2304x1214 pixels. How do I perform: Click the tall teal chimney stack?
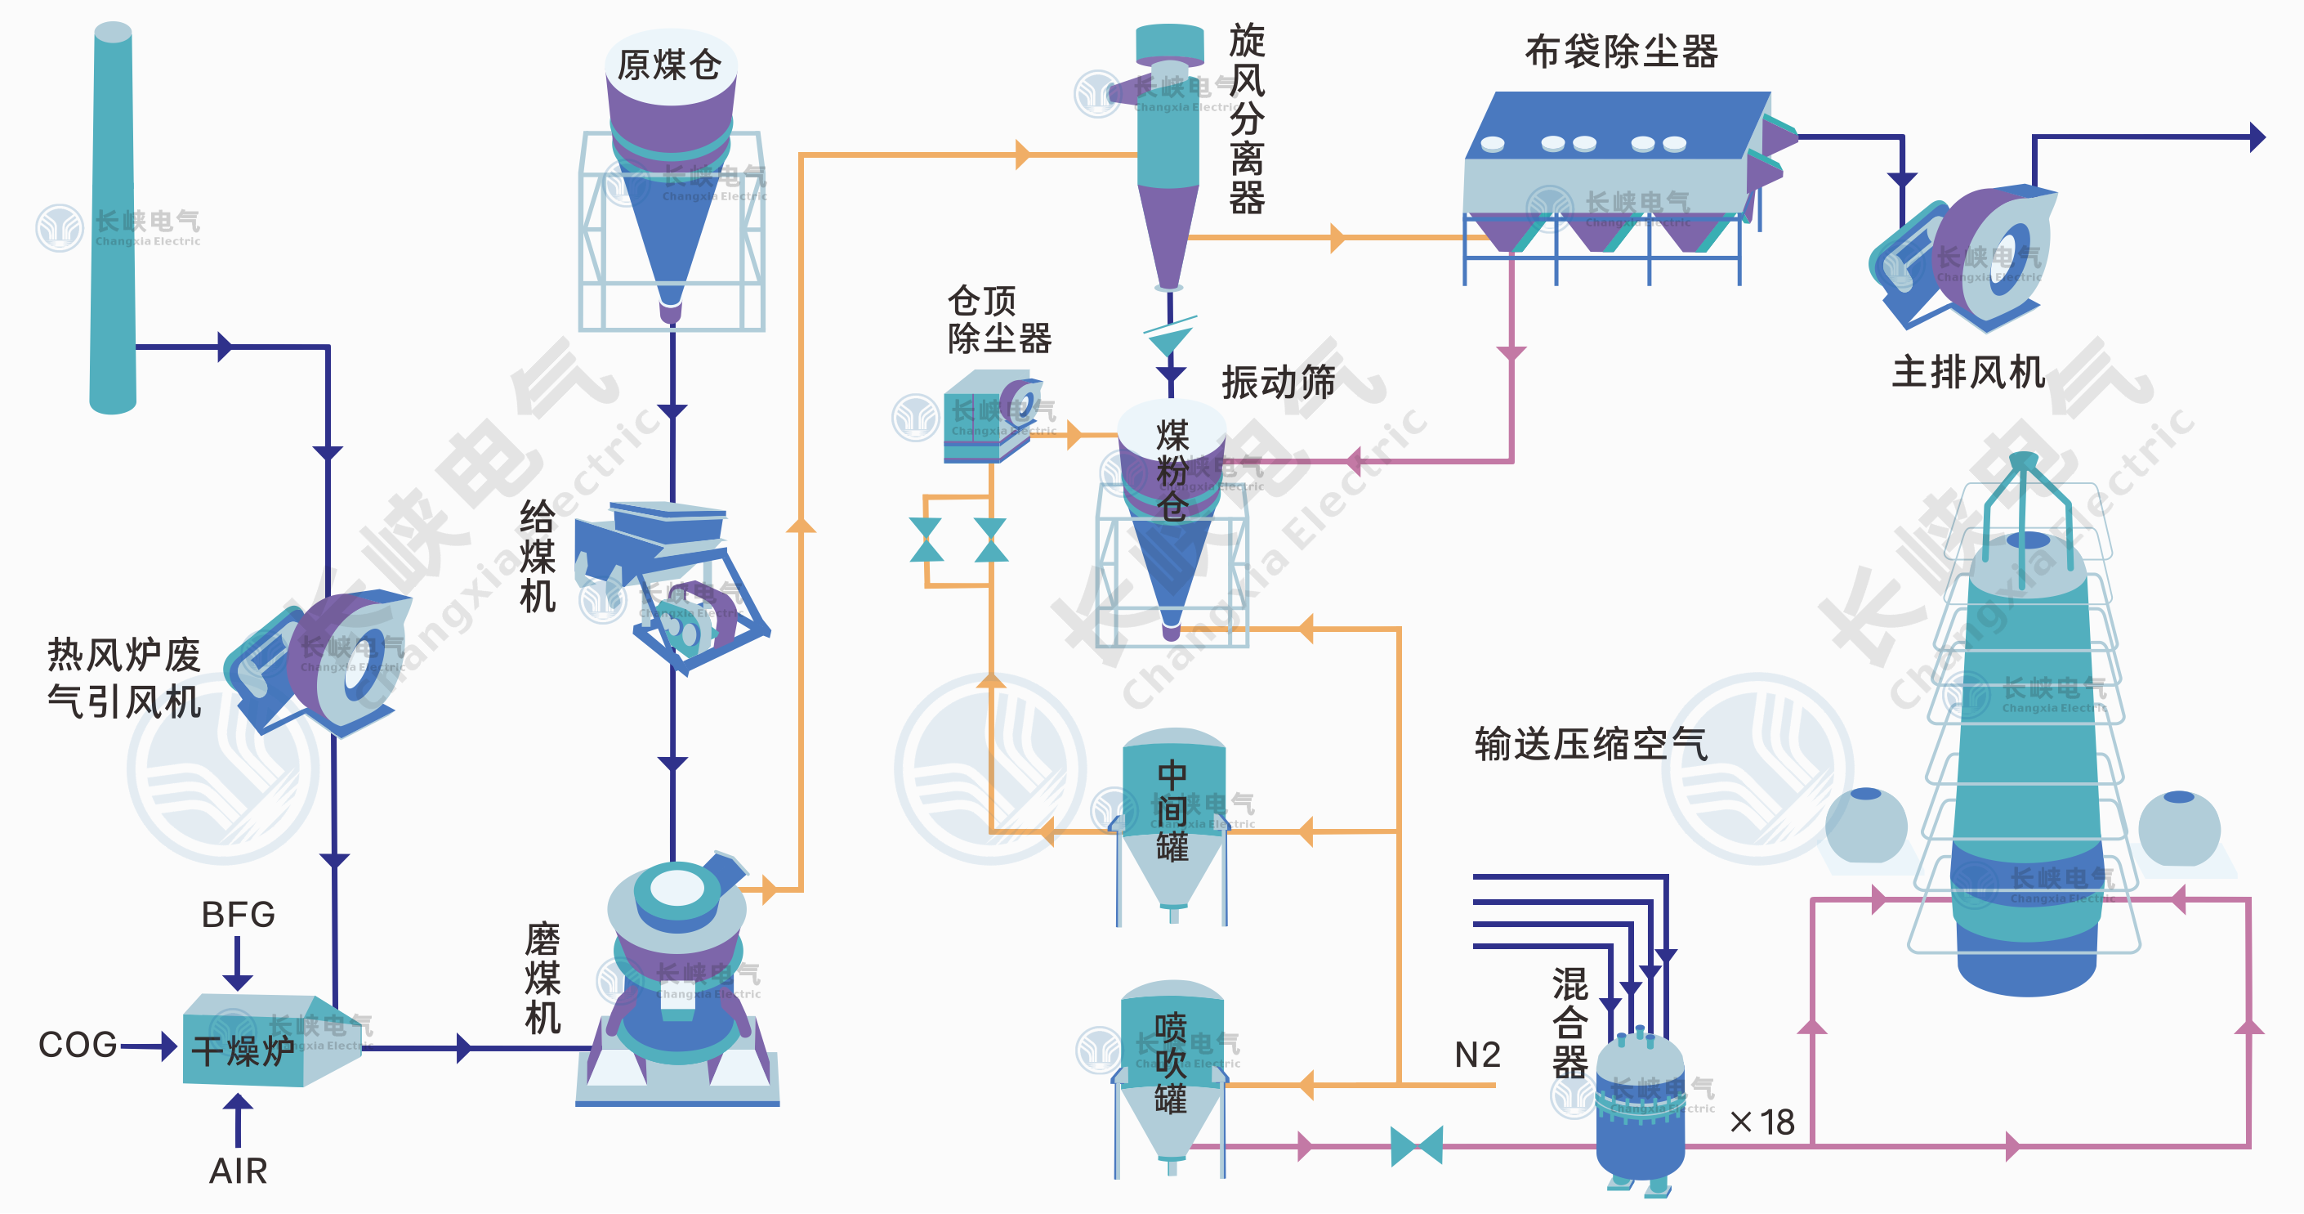pyautogui.click(x=113, y=219)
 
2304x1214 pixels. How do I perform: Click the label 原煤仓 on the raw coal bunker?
pyautogui.click(x=669, y=65)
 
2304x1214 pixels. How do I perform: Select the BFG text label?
pyautogui.click(x=238, y=914)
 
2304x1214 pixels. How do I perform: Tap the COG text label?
pyautogui.click(x=78, y=1044)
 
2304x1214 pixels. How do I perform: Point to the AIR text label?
pyautogui.click(x=238, y=1170)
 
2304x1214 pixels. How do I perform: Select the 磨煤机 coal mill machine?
pyautogui.click(x=677, y=984)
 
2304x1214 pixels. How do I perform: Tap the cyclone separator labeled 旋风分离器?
pyautogui.click(x=1169, y=152)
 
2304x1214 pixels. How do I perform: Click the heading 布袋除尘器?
pyautogui.click(x=1621, y=51)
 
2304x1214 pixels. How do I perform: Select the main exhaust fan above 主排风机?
pyautogui.click(x=1963, y=259)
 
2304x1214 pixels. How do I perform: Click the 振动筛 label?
pyautogui.click(x=1278, y=382)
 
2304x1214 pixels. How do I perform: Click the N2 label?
pyautogui.click(x=1476, y=1055)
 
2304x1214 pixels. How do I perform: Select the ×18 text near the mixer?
pyautogui.click(x=1763, y=1122)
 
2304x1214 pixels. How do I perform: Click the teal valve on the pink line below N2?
pyautogui.click(x=1417, y=1146)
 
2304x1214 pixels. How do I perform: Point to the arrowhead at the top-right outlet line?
pyautogui.click(x=2257, y=137)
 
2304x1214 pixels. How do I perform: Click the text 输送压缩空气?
pyautogui.click(x=1590, y=743)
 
